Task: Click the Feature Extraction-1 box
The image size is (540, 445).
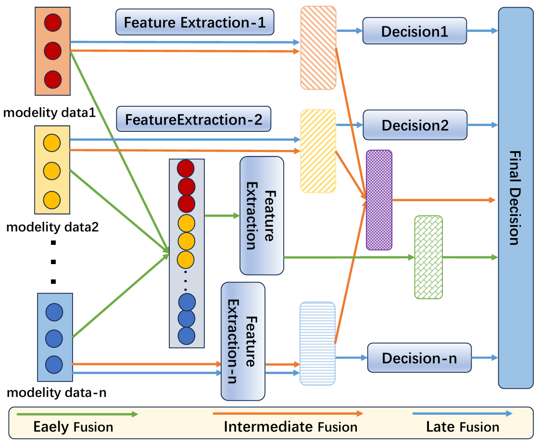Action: coord(195,22)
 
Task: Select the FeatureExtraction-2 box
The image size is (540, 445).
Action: coord(194,119)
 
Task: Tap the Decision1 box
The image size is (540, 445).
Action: coord(414,31)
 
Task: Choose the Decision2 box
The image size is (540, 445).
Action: coord(415,125)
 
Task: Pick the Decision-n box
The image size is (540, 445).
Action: coord(419,358)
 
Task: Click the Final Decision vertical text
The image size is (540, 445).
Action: coord(515,198)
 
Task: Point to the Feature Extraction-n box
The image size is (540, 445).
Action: coord(243,342)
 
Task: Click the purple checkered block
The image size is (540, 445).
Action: coord(379,200)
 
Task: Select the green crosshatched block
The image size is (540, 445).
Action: coord(428,257)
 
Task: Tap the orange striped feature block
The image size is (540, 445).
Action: coord(318,48)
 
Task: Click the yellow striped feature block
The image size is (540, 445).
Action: coord(318,151)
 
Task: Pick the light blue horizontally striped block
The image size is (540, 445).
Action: coord(317,343)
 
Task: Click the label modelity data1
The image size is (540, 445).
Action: coord(49,113)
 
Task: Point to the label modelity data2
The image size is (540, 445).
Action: coord(52,227)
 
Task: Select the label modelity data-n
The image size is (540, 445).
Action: coord(56,393)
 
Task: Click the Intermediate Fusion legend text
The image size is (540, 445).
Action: coord(290,427)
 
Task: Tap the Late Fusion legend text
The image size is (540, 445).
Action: coord(463,427)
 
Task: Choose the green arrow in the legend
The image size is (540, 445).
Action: coord(77,414)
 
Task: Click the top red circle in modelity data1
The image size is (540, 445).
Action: coord(53,23)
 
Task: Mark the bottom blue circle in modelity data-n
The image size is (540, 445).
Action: coord(54,365)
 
